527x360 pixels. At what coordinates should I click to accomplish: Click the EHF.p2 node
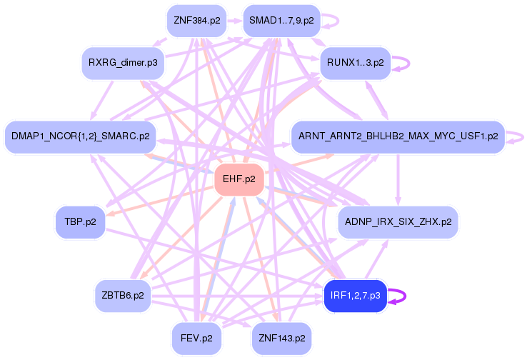click(240, 179)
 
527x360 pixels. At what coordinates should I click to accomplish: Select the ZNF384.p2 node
click(195, 21)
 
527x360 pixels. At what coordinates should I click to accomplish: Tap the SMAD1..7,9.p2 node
click(281, 21)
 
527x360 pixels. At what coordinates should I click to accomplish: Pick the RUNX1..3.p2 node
click(356, 62)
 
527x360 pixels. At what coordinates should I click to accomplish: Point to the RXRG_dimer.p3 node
click(123, 63)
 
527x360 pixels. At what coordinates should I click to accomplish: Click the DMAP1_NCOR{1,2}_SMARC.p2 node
click(81, 136)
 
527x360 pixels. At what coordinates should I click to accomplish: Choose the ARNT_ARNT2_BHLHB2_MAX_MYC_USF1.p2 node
click(398, 136)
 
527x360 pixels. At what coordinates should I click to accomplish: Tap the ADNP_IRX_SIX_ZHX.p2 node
click(398, 222)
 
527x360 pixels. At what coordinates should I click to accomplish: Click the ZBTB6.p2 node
click(123, 295)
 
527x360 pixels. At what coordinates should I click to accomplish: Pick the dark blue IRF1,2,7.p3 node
click(355, 295)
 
